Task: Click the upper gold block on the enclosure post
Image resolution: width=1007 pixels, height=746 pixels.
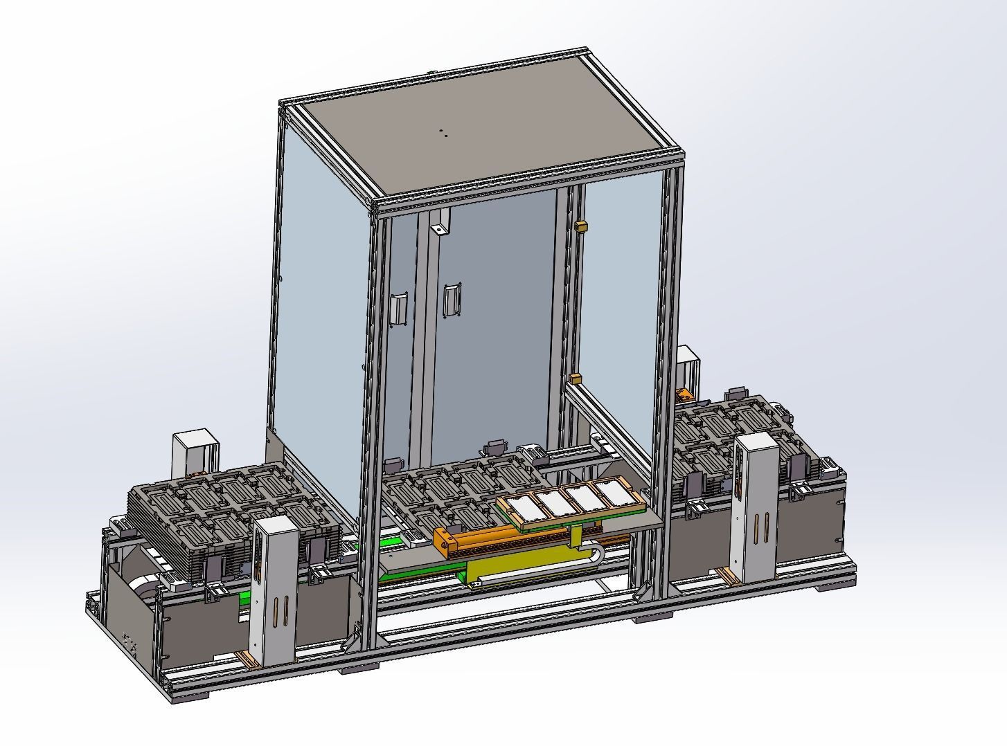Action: click(x=581, y=226)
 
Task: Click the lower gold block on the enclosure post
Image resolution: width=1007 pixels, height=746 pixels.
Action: click(x=574, y=378)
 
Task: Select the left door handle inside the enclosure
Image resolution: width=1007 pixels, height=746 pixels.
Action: click(x=399, y=309)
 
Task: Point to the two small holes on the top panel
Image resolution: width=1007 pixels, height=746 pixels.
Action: click(x=443, y=132)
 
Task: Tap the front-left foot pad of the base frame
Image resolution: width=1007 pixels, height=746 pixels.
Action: click(x=188, y=697)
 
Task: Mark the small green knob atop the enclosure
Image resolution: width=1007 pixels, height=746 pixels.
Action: click(x=429, y=72)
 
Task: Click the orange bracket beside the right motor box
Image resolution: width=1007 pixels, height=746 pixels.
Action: click(x=684, y=395)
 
